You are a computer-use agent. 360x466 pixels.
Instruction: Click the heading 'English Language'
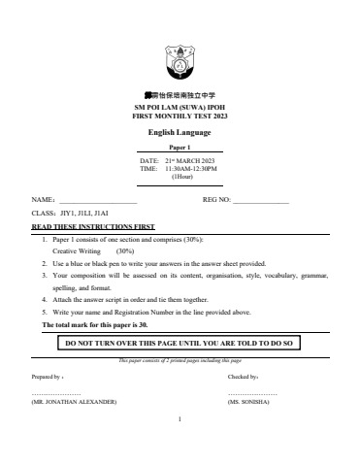[x=180, y=132]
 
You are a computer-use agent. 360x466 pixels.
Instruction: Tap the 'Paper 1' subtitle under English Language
[x=180, y=147]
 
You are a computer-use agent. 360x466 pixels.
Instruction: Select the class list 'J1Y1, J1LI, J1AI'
[x=85, y=212]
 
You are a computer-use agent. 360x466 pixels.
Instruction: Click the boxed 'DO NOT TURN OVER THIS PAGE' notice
[x=180, y=343]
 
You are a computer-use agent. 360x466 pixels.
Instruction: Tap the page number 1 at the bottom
[x=180, y=419]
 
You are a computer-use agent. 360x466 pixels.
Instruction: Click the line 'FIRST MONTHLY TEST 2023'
[x=180, y=116]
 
